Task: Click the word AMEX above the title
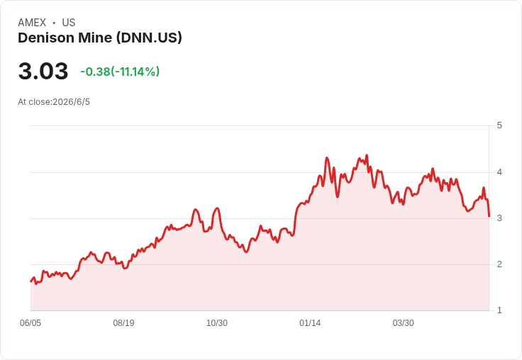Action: pyautogui.click(x=32, y=23)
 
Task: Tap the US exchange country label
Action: pyautogui.click(x=69, y=23)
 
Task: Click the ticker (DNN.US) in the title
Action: pyautogui.click(x=149, y=38)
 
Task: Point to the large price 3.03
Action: pyautogui.click(x=43, y=71)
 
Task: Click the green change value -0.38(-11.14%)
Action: pyautogui.click(x=120, y=72)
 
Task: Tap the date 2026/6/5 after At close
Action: pyautogui.click(x=71, y=102)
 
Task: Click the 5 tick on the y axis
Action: pyautogui.click(x=499, y=125)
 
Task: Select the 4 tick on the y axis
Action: pyautogui.click(x=499, y=172)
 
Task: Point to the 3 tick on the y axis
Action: pyautogui.click(x=499, y=218)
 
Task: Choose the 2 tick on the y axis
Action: pyautogui.click(x=499, y=264)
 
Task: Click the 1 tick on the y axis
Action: pyautogui.click(x=499, y=310)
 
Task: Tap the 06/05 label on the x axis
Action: pyautogui.click(x=30, y=323)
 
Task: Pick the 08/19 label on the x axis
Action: pyautogui.click(x=123, y=323)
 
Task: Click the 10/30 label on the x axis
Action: pyautogui.click(x=217, y=323)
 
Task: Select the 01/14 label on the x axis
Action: pyautogui.click(x=310, y=323)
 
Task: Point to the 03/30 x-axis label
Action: pyautogui.click(x=403, y=323)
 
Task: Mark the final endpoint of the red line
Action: pyautogui.click(x=489, y=216)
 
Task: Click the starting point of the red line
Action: pyautogui.click(x=31, y=281)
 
